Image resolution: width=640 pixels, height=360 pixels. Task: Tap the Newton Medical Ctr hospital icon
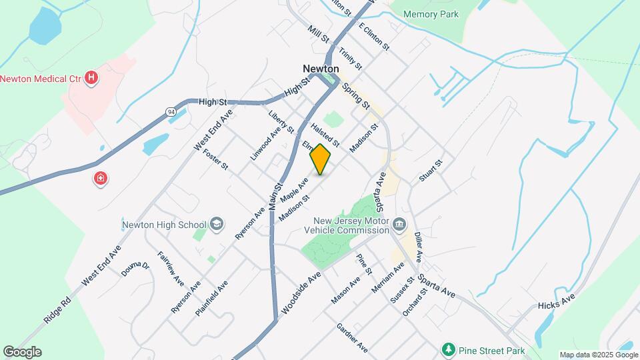(93, 79)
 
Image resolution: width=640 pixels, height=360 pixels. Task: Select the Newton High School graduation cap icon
(216, 224)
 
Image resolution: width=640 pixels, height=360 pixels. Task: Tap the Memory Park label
(431, 14)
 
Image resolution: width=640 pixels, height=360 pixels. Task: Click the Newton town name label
(321, 69)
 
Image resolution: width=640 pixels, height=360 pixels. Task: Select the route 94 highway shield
(171, 113)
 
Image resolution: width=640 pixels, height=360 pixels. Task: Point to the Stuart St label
(431, 170)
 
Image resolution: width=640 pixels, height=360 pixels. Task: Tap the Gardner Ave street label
(352, 338)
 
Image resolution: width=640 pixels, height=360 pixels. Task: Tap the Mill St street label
(319, 35)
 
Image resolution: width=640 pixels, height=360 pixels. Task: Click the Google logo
(22, 352)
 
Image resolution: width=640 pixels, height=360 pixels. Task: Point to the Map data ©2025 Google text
(599, 355)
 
